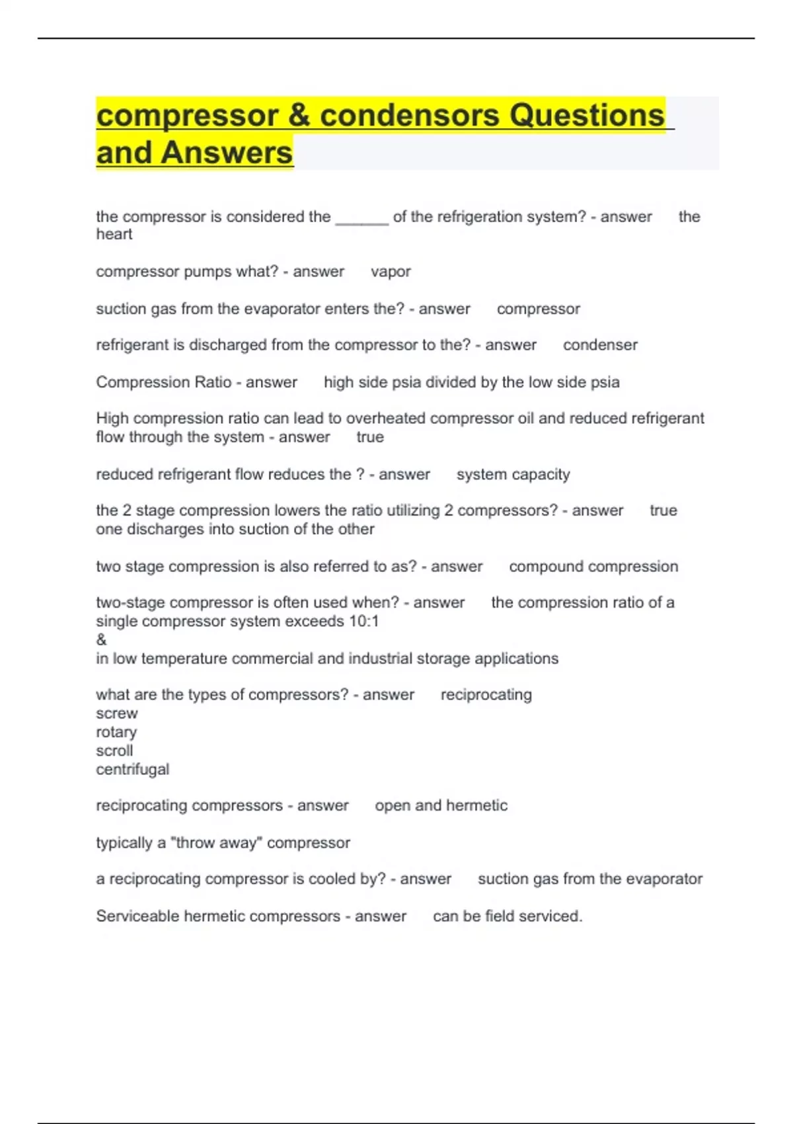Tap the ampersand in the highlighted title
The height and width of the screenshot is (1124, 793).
pos(299,116)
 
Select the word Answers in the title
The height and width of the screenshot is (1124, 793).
pos(226,153)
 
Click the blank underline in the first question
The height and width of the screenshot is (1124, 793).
pos(361,218)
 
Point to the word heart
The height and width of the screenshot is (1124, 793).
pos(114,235)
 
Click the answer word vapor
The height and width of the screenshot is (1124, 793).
pos(391,272)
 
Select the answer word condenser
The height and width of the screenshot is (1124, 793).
pos(600,345)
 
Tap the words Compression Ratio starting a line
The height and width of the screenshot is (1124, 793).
pos(163,382)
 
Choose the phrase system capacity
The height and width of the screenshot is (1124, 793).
pos(513,475)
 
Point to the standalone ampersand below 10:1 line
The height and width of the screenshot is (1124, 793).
pos(101,640)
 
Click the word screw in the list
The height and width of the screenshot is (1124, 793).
pos(116,714)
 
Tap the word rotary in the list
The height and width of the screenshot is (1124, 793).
pos(116,733)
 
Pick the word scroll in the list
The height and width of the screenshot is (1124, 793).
pos(114,751)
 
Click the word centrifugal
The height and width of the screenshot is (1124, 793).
pos(132,770)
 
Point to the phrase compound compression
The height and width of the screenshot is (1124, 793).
pos(593,567)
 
